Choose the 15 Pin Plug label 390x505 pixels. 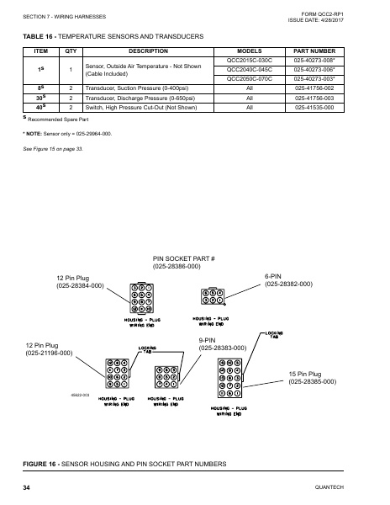coord(312,377)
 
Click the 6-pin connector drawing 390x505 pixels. coord(213,296)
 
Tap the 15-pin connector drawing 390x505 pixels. coord(229,380)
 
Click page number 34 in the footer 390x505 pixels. coord(27,489)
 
